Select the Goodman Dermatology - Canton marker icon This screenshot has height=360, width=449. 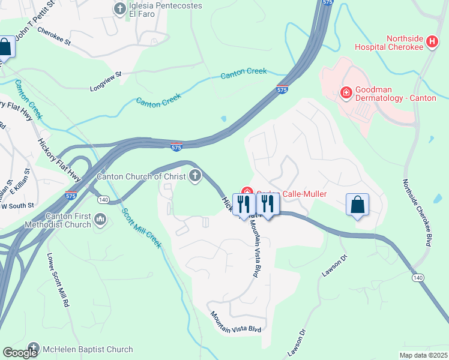click(346, 92)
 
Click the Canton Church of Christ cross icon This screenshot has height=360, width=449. click(194, 176)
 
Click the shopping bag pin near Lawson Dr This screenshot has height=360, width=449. click(358, 205)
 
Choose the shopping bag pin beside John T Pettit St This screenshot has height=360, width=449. click(5, 47)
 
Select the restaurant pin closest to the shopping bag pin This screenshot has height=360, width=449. click(268, 204)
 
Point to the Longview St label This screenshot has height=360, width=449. click(106, 74)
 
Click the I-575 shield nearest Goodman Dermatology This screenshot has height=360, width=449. click(282, 89)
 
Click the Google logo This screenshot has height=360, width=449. click(20, 353)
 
